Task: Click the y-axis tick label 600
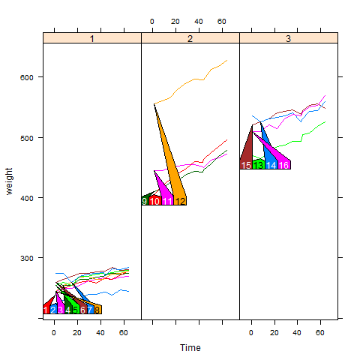26,77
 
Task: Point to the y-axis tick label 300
26,258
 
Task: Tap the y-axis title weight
9,181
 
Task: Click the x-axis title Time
190,347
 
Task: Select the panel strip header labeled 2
190,38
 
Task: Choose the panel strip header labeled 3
289,38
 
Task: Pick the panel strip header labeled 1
92,38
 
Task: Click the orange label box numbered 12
180,201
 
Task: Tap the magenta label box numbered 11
167,201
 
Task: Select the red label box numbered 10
155,201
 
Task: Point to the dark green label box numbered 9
145,201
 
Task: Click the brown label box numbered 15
246,165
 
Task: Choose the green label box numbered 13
259,165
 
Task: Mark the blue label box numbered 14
271,165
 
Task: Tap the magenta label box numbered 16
283,165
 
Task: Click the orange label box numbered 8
97,310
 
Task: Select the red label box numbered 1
46,310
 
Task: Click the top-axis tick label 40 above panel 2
199,22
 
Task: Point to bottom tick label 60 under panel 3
319,333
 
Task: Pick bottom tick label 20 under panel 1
77,333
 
